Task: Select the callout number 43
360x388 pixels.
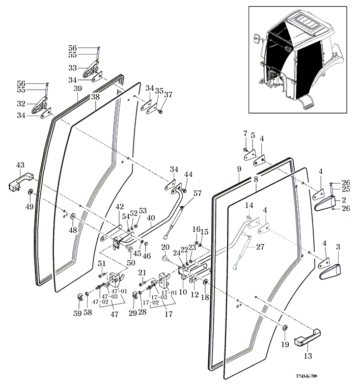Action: click(x=20, y=165)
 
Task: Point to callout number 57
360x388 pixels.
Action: click(x=197, y=193)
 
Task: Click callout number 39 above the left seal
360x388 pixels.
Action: click(x=77, y=89)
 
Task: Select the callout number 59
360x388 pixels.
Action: click(x=77, y=313)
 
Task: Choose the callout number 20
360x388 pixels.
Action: click(x=165, y=247)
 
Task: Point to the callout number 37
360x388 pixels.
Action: click(x=168, y=95)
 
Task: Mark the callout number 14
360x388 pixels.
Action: click(x=249, y=205)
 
